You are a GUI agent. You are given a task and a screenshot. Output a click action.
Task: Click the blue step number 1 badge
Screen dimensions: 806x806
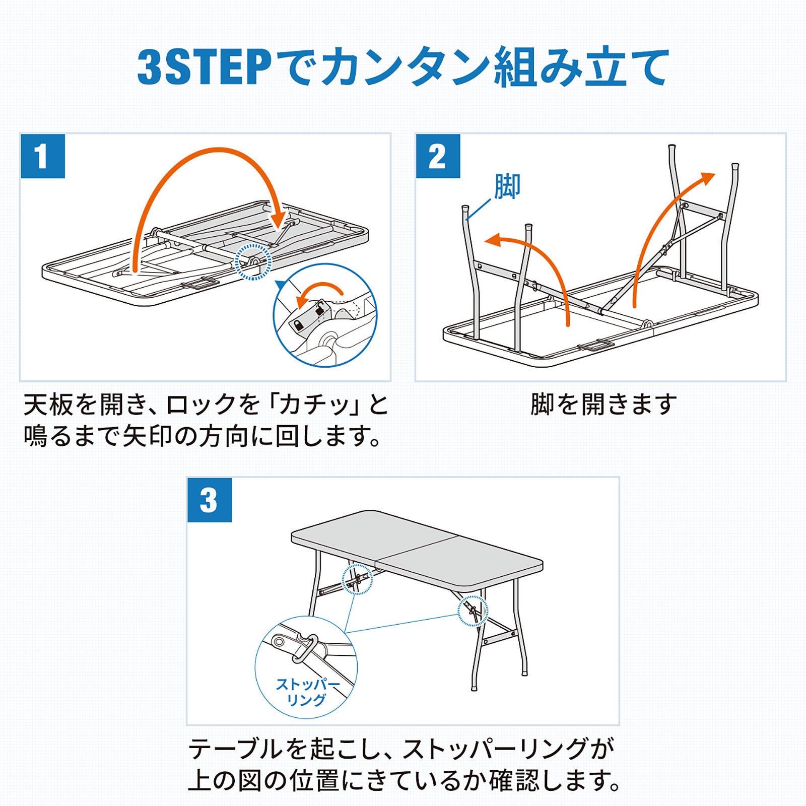coord(43,156)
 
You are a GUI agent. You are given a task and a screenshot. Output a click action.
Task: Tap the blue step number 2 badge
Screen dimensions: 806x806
coord(438,156)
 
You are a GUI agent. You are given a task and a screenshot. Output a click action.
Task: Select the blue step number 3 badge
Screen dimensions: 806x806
coord(210,500)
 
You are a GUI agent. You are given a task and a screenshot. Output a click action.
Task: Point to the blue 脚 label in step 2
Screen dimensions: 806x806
coord(507,186)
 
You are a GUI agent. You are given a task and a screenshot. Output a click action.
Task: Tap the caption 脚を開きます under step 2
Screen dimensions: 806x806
coord(603,404)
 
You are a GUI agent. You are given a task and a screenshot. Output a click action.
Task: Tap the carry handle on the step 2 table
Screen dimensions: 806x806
coord(595,346)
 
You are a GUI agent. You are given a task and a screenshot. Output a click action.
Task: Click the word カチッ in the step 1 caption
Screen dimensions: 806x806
coord(319,404)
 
